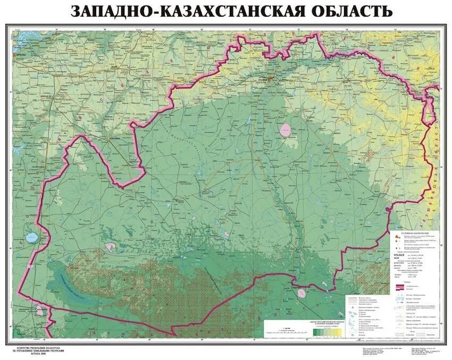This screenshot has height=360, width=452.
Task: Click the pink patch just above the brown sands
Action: click(111, 246)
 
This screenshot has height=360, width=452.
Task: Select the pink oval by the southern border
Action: click(302, 292)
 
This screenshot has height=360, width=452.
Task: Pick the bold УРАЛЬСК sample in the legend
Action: click(399, 256)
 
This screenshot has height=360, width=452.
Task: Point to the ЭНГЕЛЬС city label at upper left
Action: click(22, 55)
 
